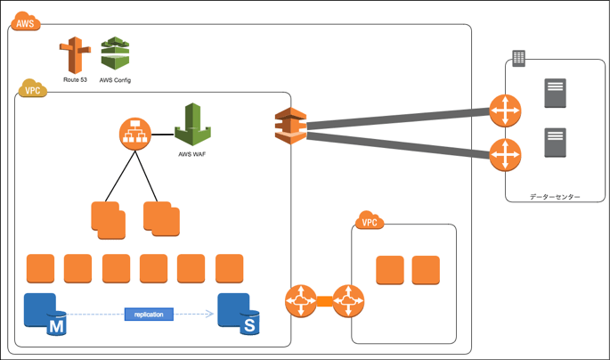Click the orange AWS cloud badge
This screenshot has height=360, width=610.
click(25, 22)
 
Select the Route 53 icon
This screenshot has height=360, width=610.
click(74, 56)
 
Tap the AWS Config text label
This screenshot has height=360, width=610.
click(115, 80)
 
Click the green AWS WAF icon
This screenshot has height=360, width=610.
click(192, 124)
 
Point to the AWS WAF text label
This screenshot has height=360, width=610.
click(192, 153)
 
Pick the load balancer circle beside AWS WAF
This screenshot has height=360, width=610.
click(135, 135)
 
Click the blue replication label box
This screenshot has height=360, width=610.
click(149, 314)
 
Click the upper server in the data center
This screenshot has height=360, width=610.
click(555, 94)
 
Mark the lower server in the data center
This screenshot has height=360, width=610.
click(555, 143)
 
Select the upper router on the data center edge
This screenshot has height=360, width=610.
click(505, 112)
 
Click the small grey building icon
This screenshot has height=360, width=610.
click(518, 59)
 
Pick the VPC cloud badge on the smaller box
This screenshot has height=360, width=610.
click(369, 222)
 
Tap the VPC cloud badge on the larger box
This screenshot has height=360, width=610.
click(33, 89)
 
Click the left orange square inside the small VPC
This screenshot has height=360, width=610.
click(390, 270)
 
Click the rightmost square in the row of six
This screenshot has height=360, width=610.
click(229, 268)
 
